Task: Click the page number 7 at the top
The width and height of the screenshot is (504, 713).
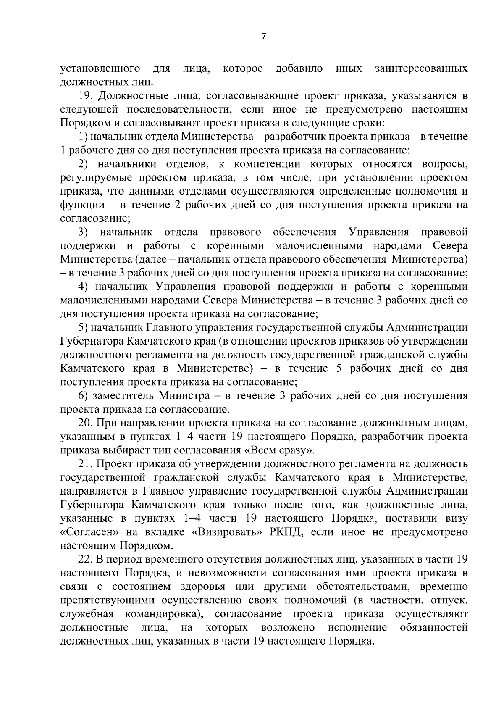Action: click(263, 37)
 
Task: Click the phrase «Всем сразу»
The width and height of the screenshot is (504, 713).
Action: click(279, 450)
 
